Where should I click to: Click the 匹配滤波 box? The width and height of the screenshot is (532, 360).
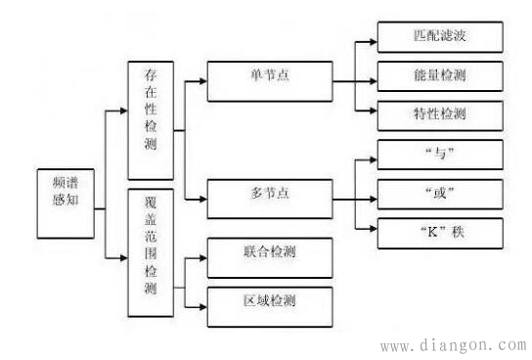[x=441, y=39]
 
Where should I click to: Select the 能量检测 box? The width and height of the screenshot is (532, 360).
[x=441, y=75]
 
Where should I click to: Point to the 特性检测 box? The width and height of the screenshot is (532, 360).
[x=441, y=113]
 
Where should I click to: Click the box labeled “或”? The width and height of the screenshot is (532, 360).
[x=441, y=192]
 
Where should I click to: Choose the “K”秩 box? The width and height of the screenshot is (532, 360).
[x=441, y=232]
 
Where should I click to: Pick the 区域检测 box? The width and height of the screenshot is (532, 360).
[x=270, y=298]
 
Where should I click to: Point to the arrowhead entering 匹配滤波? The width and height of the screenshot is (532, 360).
[x=371, y=40]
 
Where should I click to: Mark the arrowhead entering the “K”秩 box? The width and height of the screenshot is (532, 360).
[x=371, y=232]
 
